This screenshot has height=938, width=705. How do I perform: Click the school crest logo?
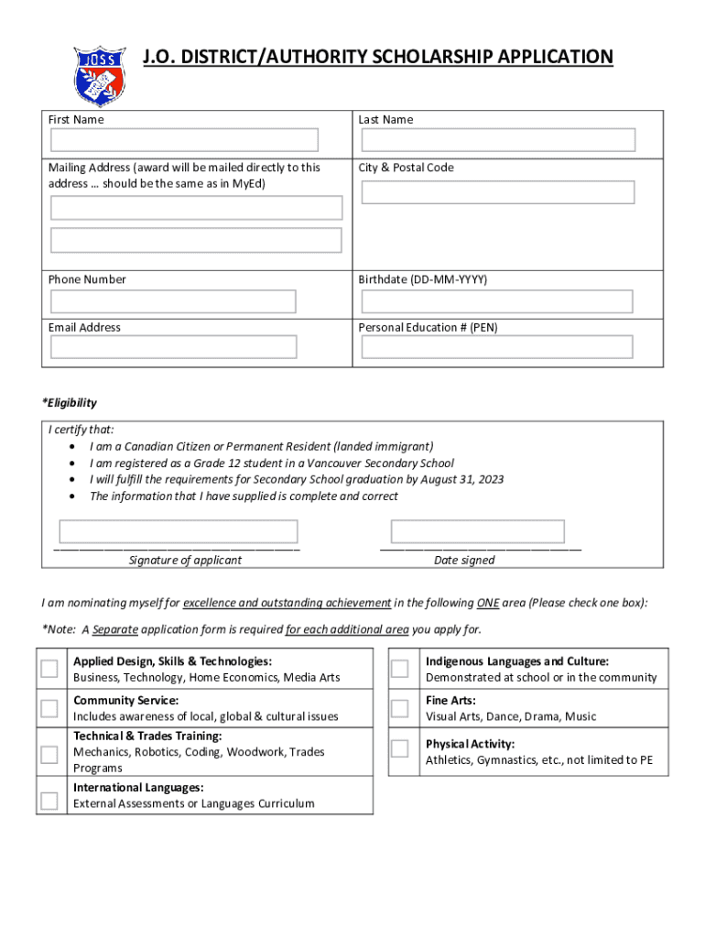100,76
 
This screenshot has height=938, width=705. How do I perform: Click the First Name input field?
184,140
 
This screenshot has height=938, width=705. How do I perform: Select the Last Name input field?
498,140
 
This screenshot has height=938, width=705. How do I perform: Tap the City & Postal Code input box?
498,192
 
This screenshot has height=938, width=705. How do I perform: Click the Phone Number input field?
174,301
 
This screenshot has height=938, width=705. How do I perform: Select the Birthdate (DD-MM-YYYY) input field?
497,301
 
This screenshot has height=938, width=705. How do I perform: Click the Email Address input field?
174,347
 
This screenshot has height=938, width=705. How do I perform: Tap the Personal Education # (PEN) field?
497,347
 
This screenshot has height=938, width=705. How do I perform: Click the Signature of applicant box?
179,531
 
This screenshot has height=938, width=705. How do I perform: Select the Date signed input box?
478,531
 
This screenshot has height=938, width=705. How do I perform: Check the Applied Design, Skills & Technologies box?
49,669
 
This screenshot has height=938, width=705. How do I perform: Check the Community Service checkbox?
49,707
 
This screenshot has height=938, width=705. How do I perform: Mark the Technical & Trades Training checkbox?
49,754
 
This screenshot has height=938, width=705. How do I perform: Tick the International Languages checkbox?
49,801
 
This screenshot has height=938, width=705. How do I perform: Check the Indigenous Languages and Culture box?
399,669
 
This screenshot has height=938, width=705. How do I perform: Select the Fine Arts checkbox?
399,708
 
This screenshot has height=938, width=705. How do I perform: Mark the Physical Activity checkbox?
399,748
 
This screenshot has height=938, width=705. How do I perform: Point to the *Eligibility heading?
70,403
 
